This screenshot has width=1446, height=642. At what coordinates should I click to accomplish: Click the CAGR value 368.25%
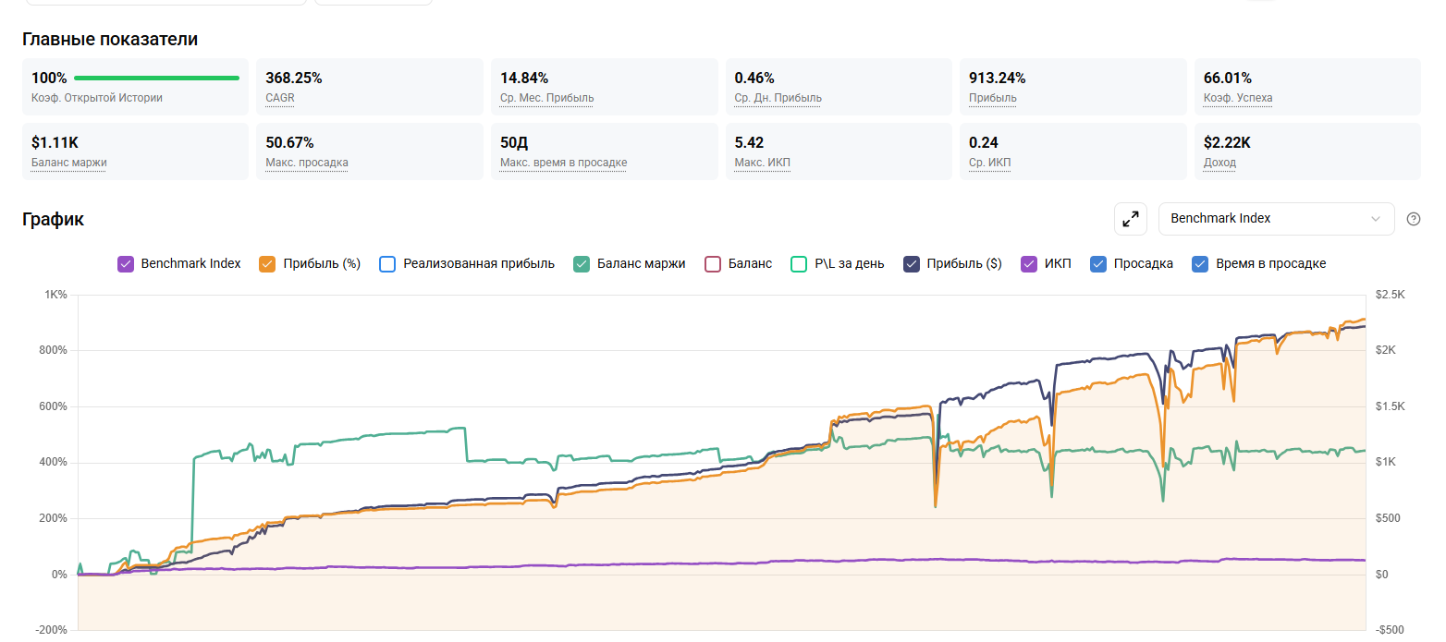(x=293, y=78)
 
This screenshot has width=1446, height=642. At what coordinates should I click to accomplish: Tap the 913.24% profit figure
(x=997, y=78)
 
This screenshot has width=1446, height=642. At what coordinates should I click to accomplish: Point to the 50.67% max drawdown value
(x=289, y=142)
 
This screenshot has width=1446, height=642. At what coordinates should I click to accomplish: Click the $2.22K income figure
(x=1227, y=142)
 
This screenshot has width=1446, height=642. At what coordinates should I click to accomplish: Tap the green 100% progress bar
(x=156, y=78)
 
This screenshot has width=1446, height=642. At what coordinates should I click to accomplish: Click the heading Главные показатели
(x=110, y=39)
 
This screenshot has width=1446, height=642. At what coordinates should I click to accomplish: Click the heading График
(x=53, y=219)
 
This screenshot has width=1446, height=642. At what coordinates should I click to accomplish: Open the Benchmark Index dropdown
(x=1276, y=219)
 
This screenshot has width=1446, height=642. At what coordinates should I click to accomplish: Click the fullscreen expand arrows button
(x=1130, y=219)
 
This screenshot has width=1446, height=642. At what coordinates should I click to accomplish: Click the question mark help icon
(x=1413, y=219)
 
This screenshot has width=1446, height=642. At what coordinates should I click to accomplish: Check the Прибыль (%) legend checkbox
(x=268, y=263)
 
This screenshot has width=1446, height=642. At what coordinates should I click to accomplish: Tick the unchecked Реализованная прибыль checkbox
(x=387, y=263)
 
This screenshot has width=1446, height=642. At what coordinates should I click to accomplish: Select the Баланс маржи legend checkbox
(x=582, y=263)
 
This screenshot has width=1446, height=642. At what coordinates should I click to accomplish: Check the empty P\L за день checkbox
(x=799, y=263)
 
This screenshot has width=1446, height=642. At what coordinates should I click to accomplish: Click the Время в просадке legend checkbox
(x=1199, y=263)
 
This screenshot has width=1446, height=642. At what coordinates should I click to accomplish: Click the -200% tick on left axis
(x=52, y=630)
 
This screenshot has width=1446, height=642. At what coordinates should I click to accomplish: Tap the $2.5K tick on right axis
(x=1390, y=295)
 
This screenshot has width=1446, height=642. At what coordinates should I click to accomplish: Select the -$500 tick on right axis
(x=1390, y=630)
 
